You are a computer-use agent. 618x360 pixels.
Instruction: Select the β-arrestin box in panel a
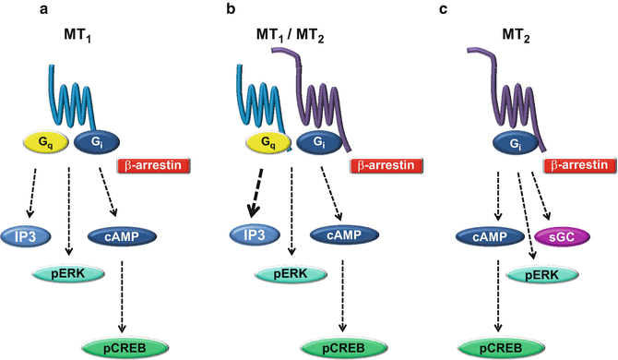coord(152,167)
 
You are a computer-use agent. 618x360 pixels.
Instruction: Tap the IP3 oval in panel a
coord(25,237)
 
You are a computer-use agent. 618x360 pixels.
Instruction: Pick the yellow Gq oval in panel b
coord(266,143)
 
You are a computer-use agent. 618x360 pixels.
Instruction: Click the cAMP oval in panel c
coord(484,237)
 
